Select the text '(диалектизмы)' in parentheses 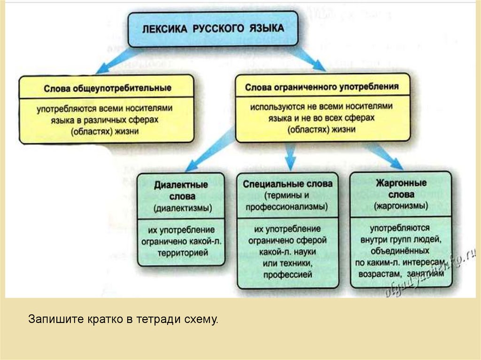(x=181, y=207)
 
